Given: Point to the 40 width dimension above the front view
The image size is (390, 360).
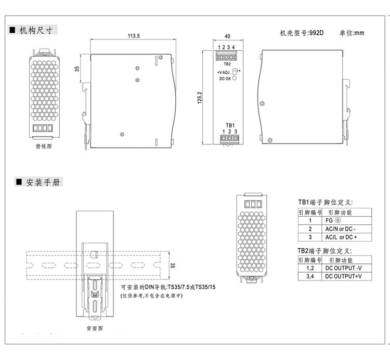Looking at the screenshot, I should click(228, 36).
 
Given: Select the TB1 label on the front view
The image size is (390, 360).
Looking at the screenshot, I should click(230, 125).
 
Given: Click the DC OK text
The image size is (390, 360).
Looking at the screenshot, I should click(225, 78).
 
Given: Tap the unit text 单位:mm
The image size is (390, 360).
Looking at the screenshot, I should click(352, 33).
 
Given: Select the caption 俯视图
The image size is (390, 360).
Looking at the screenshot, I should click(44, 146).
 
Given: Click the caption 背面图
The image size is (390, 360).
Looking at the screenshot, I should click(94, 328).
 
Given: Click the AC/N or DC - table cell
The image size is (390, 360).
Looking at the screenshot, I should click(344, 229).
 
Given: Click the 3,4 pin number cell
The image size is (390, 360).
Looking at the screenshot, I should click(310, 276).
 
